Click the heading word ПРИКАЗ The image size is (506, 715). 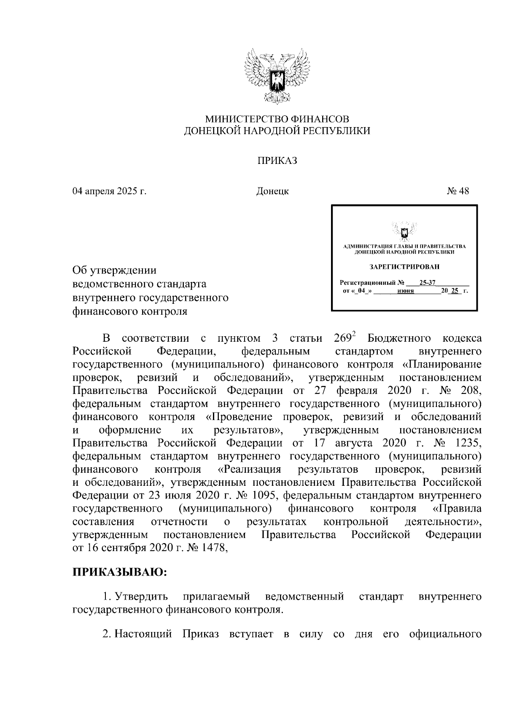click(x=277, y=161)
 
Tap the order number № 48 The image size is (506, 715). click(x=458, y=191)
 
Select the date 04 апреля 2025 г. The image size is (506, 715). click(x=109, y=191)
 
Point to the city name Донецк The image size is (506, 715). click(x=272, y=191)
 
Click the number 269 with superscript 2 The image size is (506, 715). click(x=345, y=338)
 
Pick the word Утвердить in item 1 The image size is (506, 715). click(x=142, y=597)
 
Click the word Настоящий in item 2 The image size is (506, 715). click(x=143, y=645)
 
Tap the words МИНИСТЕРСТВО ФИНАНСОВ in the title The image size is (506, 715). click(x=277, y=119)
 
